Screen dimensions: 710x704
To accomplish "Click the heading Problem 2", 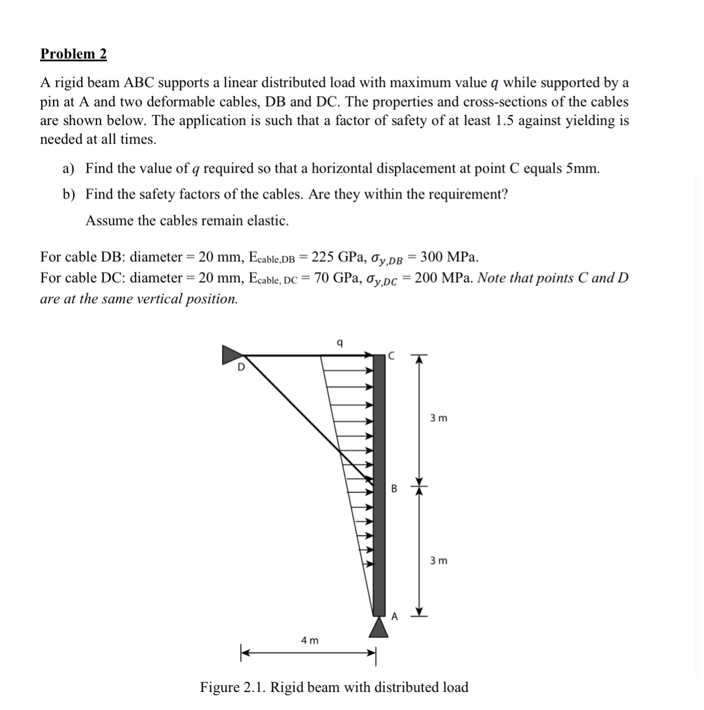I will click(x=73, y=54).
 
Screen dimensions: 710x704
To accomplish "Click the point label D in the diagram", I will click(x=240, y=368).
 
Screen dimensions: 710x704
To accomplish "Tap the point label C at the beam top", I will click(x=390, y=355).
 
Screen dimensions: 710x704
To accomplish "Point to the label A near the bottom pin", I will click(x=394, y=616).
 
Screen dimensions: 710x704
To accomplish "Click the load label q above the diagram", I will click(x=339, y=344).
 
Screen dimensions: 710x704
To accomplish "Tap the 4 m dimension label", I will click(x=310, y=640).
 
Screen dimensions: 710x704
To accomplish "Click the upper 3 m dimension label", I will click(x=438, y=418).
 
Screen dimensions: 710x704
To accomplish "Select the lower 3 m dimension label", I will click(x=438, y=560).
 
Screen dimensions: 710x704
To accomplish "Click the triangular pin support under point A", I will click(x=378, y=627).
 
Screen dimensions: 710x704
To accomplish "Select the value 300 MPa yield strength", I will click(x=449, y=257).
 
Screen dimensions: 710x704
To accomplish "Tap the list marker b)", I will click(x=69, y=195).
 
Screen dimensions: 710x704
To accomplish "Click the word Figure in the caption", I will click(x=221, y=687).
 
